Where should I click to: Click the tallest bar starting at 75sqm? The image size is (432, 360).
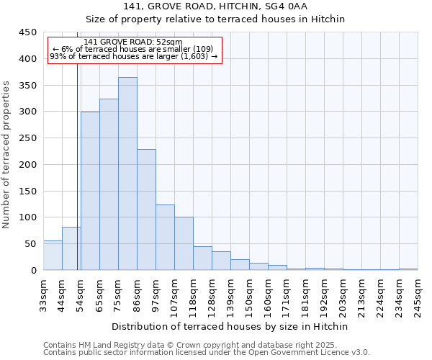pyautogui.click(x=127, y=174)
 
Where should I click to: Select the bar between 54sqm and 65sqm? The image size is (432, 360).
pyautogui.click(x=90, y=191)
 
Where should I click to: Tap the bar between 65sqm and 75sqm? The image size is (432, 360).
pyautogui.click(x=109, y=184)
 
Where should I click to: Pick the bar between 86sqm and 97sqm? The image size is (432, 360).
pyautogui.click(x=146, y=210)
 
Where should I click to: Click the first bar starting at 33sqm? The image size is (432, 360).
pyautogui.click(x=53, y=256)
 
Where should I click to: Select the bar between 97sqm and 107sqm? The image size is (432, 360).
pyautogui.click(x=165, y=238)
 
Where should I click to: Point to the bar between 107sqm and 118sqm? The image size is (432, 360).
pyautogui.click(x=184, y=243)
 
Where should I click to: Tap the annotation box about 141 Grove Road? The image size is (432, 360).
pyautogui.click(x=134, y=50)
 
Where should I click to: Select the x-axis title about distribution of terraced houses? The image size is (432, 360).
pyautogui.click(x=230, y=326)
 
